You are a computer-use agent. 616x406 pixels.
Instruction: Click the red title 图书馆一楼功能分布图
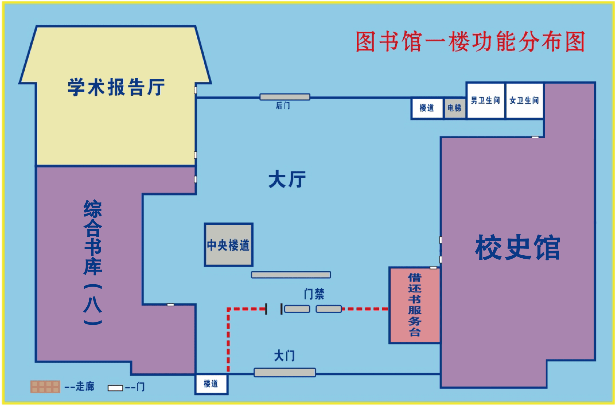point(470,42)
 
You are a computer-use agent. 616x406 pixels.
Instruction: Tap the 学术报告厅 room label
point(116,87)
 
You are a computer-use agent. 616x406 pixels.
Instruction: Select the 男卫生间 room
point(485,100)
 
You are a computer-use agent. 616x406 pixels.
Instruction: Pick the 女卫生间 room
point(524,100)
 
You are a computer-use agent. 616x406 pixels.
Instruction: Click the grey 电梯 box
point(454,108)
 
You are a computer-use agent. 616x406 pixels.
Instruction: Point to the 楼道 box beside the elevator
point(427,108)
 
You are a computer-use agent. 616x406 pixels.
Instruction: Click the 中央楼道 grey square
point(228,245)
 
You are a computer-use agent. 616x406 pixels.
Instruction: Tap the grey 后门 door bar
point(285,97)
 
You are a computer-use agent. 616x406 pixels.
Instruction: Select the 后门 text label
point(283,106)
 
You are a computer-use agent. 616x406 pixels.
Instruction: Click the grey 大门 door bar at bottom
point(285,372)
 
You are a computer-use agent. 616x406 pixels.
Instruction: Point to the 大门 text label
point(284,356)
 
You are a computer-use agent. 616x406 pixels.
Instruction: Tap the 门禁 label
point(314,294)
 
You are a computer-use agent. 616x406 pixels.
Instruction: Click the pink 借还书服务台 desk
point(414,305)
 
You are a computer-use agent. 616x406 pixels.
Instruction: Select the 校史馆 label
point(517,248)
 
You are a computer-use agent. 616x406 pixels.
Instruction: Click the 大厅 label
point(287,179)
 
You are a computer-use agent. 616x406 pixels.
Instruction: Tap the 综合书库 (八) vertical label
point(93,262)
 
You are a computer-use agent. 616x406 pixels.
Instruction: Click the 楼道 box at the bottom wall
point(211,384)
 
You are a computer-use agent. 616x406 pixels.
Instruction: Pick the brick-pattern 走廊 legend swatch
point(45,387)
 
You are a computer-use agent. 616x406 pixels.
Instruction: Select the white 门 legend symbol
point(115,388)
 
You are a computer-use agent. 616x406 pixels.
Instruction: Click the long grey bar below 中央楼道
point(291,275)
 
